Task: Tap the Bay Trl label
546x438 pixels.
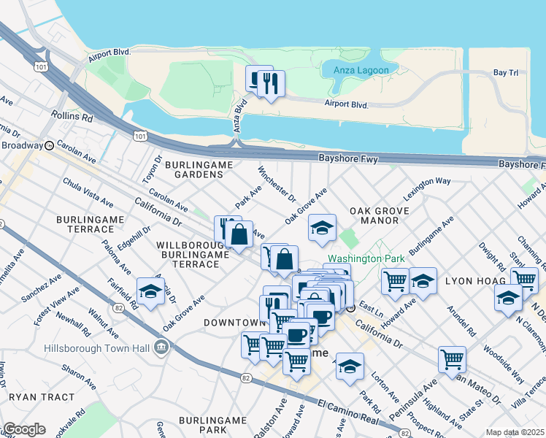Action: click(x=506, y=73)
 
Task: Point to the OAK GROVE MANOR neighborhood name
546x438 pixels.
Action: click(x=380, y=218)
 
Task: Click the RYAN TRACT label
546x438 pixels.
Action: click(x=42, y=397)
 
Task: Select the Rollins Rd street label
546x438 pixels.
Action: click(x=72, y=116)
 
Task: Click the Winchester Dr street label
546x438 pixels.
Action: click(x=277, y=185)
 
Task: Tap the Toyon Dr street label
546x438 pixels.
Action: click(x=152, y=169)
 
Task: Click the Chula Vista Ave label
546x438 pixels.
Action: click(x=88, y=191)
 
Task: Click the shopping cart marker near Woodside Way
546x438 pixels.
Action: click(x=452, y=358)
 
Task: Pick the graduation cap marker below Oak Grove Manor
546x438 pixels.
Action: click(x=322, y=228)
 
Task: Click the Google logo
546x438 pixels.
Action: click(x=24, y=429)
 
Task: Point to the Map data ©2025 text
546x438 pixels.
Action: click(x=515, y=432)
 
